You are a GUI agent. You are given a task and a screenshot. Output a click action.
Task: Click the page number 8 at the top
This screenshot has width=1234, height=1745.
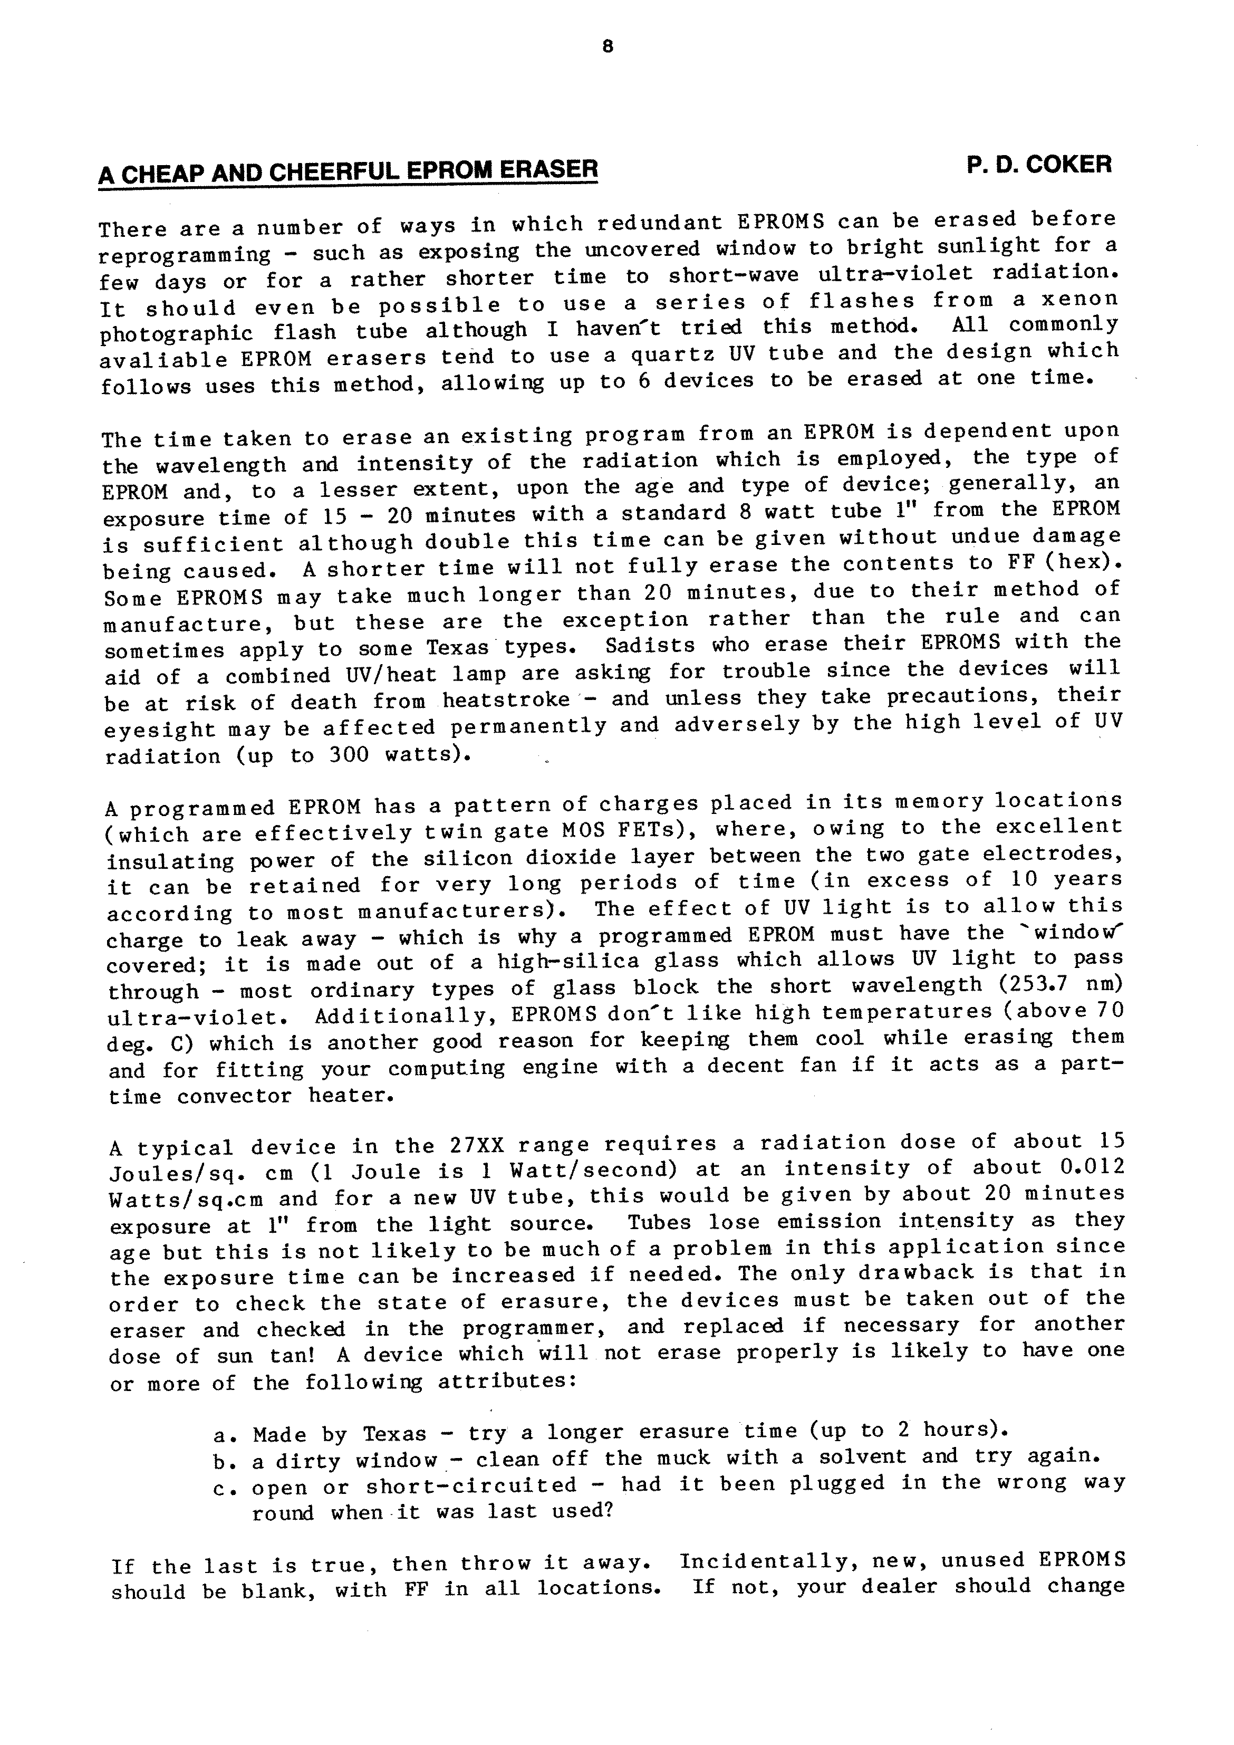tap(606, 47)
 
